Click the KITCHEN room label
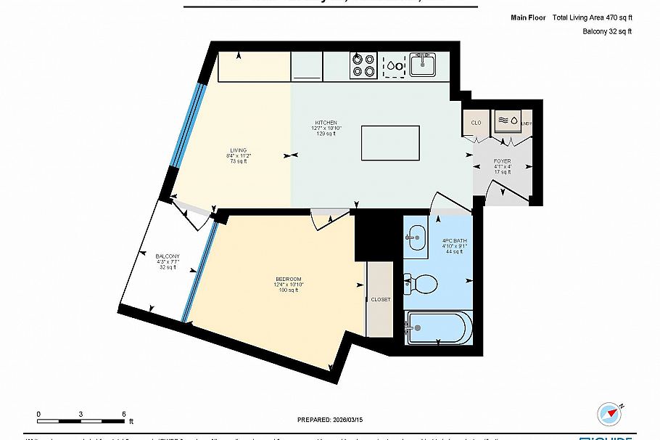(326, 122)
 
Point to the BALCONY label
(168, 256)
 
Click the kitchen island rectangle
(390, 144)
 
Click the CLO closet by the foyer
(477, 123)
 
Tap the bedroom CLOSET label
(380, 299)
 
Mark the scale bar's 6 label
(124, 413)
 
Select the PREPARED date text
(329, 420)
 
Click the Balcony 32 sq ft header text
(607, 31)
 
